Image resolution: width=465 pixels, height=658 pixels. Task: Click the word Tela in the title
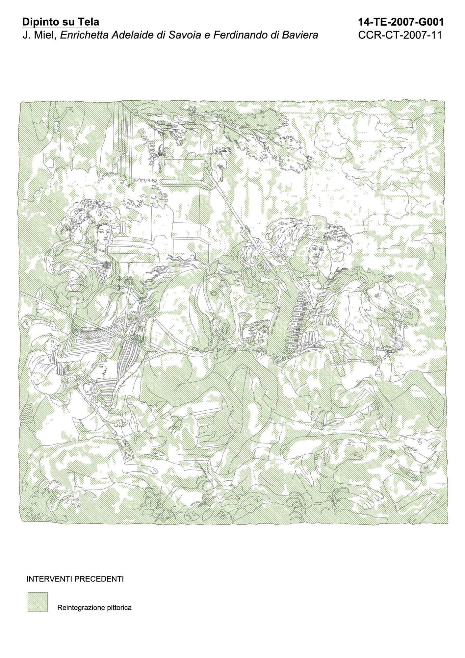(89, 22)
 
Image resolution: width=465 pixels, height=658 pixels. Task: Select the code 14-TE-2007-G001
(401, 22)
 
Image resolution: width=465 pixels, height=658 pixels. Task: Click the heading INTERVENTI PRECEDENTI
(75, 579)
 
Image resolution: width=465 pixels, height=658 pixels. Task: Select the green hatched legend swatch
(38, 602)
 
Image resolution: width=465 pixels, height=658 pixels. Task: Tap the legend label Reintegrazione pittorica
(94, 607)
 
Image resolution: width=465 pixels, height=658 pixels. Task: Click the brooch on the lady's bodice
(107, 264)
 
